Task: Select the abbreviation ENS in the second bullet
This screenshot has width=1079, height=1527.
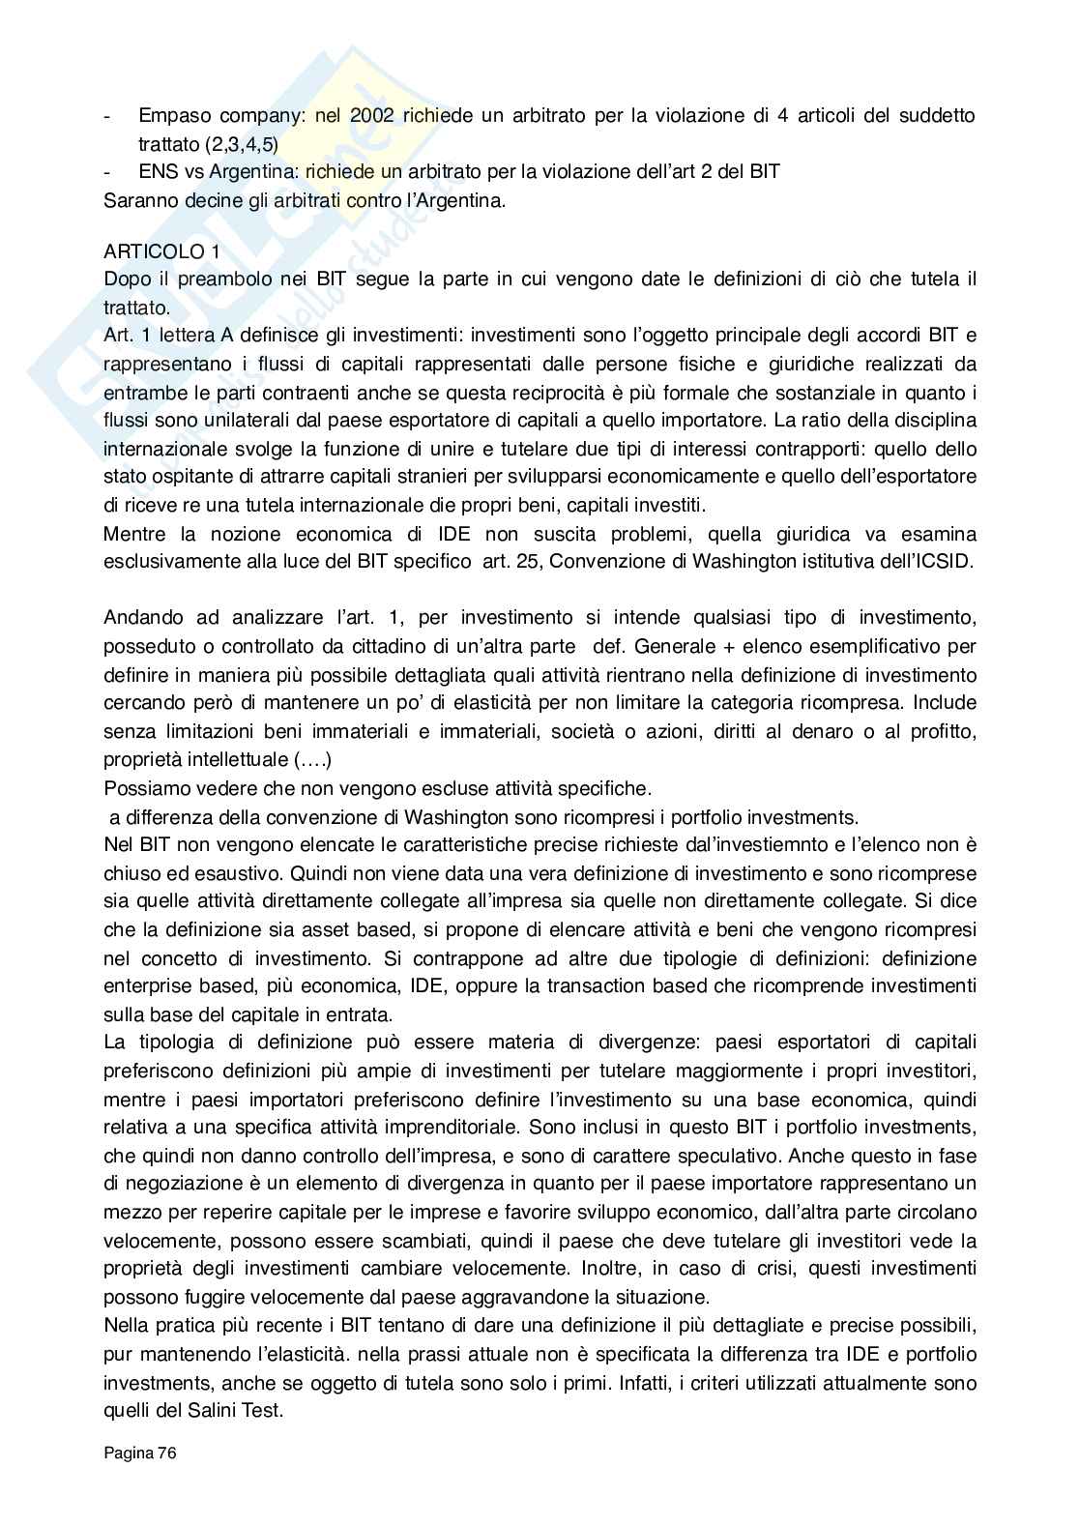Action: (157, 171)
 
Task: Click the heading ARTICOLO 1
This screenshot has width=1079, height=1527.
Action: (161, 251)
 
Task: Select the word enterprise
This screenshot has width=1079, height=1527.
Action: (145, 986)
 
